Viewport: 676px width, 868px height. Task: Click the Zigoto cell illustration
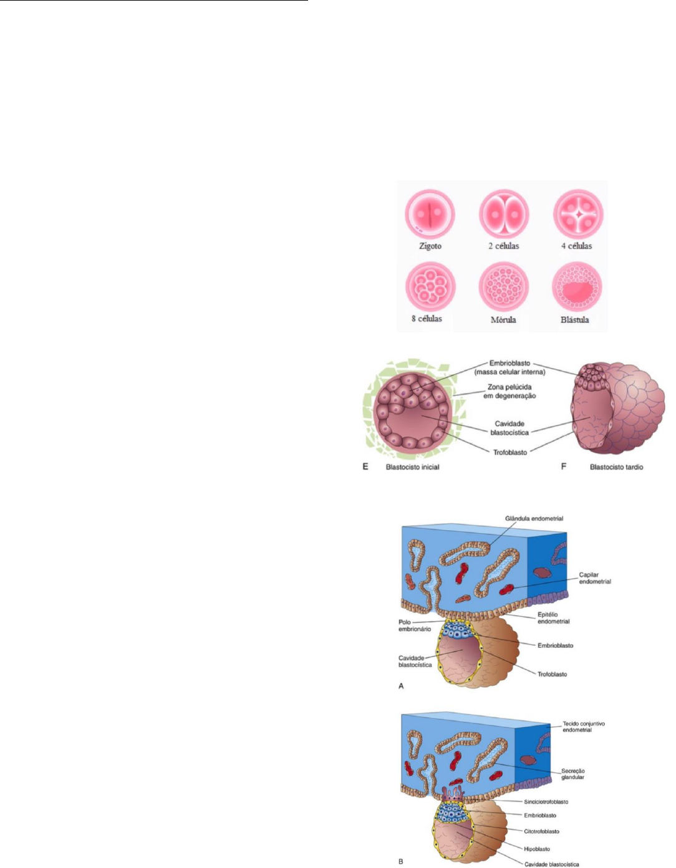[430, 213]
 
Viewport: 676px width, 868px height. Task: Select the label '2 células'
[503, 246]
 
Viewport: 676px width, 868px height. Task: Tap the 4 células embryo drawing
[578, 213]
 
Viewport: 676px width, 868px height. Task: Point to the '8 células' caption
[427, 319]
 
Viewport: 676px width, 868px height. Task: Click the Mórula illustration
[503, 287]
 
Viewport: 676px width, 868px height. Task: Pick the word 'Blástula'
[574, 320]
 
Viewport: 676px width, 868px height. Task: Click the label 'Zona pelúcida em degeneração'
[509, 391]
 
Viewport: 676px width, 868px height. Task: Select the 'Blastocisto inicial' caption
[412, 467]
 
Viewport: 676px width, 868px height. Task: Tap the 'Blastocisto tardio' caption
[616, 467]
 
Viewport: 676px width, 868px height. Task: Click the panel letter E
[365, 466]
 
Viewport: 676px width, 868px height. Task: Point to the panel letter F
[564, 466]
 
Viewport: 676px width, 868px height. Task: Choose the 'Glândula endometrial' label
[534, 518]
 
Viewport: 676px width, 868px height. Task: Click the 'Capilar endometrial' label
[594, 578]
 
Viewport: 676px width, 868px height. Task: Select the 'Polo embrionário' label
[415, 625]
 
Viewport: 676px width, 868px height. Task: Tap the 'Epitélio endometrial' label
[553, 617]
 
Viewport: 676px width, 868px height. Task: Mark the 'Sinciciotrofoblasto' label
[546, 802]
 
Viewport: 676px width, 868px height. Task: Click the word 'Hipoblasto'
[536, 849]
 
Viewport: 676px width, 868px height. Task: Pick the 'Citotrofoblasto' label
[541, 831]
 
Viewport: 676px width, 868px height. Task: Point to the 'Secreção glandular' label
[572, 774]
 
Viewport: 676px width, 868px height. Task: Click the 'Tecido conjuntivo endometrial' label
[583, 726]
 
